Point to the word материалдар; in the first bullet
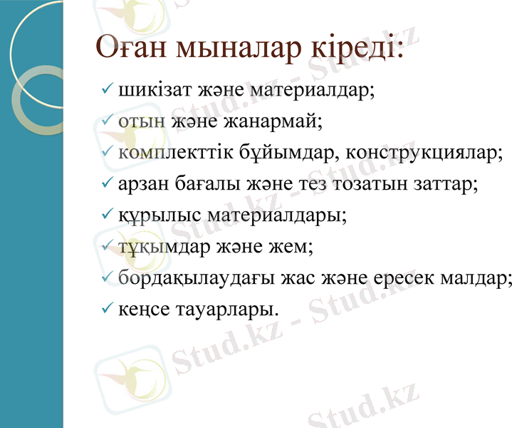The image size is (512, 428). [x=309, y=91]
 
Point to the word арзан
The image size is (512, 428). [x=145, y=183]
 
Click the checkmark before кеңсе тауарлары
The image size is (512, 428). [x=107, y=308]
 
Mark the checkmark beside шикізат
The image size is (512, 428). [x=107, y=90]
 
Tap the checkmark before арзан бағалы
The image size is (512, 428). [x=107, y=183]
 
